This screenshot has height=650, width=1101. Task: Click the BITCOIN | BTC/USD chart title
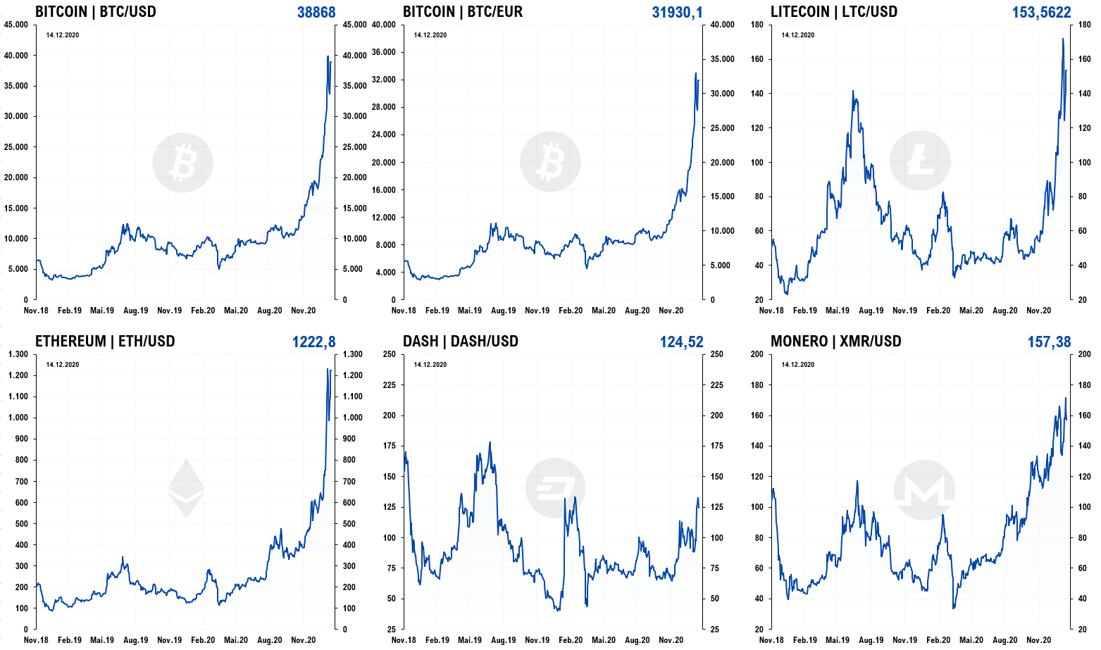pos(96,12)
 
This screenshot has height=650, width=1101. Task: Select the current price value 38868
pos(316,12)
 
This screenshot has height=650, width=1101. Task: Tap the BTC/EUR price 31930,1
pos(678,12)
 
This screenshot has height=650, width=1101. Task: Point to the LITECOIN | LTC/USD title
pos(834,12)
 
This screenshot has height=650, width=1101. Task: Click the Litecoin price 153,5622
pos(1042,12)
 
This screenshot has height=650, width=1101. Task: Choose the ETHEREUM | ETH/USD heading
pos(105,341)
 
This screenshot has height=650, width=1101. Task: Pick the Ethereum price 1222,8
pos(314,342)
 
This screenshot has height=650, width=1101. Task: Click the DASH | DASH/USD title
pos(461,341)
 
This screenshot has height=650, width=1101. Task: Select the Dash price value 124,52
pos(681,342)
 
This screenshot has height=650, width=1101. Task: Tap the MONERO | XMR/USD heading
pos(836,341)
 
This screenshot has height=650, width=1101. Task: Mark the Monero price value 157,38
pos(1050,342)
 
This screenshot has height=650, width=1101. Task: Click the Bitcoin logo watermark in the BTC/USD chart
pos(182,163)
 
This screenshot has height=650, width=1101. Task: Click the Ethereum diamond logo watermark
pos(186,488)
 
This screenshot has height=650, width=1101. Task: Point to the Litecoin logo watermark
pos(920,161)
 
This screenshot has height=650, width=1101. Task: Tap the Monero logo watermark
pos(924,490)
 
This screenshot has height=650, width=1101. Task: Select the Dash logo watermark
pos(555,488)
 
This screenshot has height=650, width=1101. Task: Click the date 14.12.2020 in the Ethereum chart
pos(63,365)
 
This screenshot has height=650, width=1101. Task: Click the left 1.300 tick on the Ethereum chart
pos(18,354)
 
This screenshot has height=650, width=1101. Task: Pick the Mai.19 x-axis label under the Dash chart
pos(470,640)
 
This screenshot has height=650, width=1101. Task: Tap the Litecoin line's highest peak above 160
pos(1063,39)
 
